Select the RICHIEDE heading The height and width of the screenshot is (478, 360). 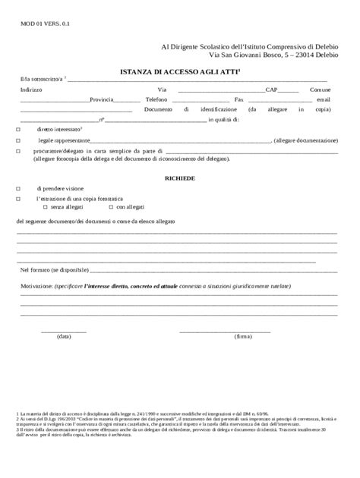coord(181,177)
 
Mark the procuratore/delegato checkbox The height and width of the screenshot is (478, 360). coord(18,152)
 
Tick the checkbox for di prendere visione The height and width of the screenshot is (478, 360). coord(18,187)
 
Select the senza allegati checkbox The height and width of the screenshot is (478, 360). coord(45,206)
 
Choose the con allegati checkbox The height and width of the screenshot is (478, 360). coord(111,206)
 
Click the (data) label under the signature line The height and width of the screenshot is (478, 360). coord(64,336)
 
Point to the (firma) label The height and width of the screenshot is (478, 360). coord(242,336)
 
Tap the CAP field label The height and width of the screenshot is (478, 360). coord(272,90)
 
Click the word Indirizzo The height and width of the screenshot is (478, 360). coord(31,90)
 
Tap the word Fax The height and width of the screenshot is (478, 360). coord(239,99)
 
